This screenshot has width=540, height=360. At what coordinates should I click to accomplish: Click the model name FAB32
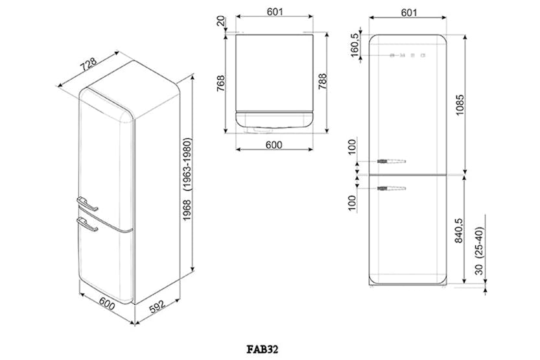tap(262, 350)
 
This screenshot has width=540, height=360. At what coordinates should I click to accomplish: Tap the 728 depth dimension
tap(89, 64)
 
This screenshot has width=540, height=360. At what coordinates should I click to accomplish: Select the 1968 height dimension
tap(187, 210)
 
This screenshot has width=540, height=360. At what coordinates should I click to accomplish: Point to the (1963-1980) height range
tap(187, 165)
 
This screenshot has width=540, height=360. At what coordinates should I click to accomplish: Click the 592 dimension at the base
tap(157, 307)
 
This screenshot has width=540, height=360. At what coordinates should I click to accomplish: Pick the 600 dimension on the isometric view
tap(107, 303)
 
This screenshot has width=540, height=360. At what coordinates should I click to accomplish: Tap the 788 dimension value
tap(322, 82)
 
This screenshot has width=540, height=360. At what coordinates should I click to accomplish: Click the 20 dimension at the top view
tap(220, 21)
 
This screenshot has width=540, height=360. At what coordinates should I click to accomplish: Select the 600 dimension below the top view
tap(274, 145)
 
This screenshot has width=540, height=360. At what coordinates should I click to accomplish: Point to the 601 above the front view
tap(409, 12)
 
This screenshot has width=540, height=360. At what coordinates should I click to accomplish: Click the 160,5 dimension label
tap(355, 45)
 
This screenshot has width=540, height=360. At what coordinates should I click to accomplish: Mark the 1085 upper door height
tap(460, 105)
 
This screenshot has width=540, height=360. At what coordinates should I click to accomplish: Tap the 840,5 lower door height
tap(458, 230)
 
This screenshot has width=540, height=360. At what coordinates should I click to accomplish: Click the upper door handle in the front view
tap(392, 162)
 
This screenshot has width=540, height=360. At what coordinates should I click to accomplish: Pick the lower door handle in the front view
tap(392, 189)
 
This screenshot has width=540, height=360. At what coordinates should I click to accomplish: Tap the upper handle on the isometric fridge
tap(87, 204)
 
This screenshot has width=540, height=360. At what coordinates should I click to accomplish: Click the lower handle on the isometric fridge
tap(87, 224)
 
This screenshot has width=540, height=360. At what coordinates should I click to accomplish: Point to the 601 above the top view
tap(275, 12)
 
